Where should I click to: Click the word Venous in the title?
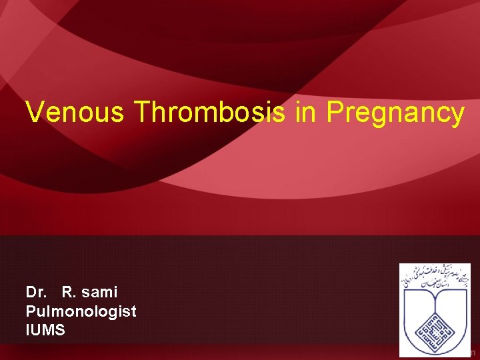tap(75, 113)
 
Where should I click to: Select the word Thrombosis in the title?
tap(209, 113)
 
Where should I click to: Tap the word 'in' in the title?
tap(305, 113)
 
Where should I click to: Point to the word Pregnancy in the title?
tap(395, 113)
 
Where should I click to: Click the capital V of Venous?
tap(33, 113)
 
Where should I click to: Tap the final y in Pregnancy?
tap(457, 116)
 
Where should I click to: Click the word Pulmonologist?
tap(81, 311)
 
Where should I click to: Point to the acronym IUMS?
tap(45, 329)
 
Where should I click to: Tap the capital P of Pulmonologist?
tap(30, 311)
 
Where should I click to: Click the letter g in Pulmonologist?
tap(115, 313)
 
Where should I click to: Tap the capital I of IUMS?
tap(27, 329)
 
